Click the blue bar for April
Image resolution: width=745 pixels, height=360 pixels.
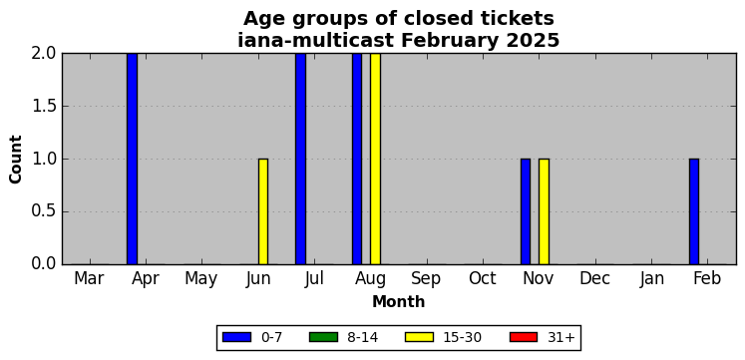click(132, 159)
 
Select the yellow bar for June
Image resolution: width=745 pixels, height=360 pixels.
click(263, 211)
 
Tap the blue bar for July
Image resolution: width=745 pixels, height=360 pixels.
click(301, 159)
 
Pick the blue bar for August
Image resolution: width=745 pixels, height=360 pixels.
click(357, 159)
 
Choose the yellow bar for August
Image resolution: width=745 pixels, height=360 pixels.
click(375, 159)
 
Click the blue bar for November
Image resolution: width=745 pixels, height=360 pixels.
click(526, 211)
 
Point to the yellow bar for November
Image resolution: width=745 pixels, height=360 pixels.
click(544, 211)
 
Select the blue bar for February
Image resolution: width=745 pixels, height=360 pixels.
click(694, 211)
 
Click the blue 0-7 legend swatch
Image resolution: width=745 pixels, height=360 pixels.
click(236, 337)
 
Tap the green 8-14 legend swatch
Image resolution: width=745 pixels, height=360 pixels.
click(323, 337)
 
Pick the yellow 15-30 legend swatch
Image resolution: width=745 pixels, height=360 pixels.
click(419, 337)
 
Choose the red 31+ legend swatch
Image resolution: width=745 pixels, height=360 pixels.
click(524, 337)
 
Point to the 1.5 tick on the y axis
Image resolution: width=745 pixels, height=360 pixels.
click(45, 107)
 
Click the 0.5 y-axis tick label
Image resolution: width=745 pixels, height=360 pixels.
click(45, 211)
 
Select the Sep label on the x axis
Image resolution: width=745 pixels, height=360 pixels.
click(426, 279)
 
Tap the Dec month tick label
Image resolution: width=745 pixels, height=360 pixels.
click(594, 279)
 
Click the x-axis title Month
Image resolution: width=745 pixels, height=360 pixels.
click(399, 301)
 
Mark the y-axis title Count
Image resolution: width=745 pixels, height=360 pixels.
click(16, 160)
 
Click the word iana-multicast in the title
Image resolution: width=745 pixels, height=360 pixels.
click(316, 41)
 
